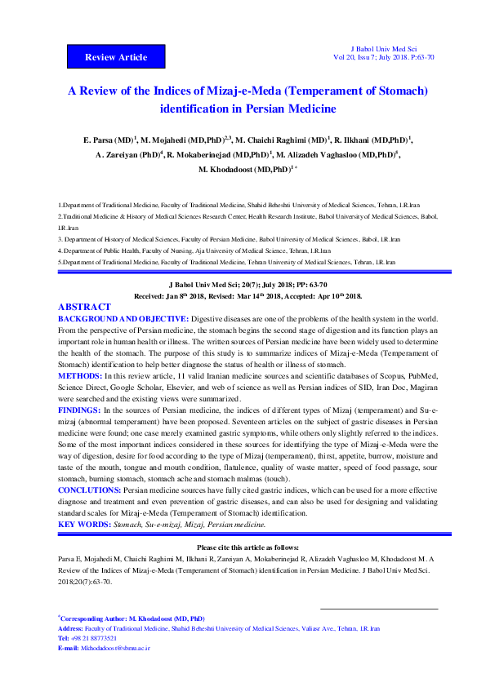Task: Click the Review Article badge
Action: pos(116,57)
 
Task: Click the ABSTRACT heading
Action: pos(86,307)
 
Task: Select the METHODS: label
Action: pos(79,375)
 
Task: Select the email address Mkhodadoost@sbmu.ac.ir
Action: pos(115,647)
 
